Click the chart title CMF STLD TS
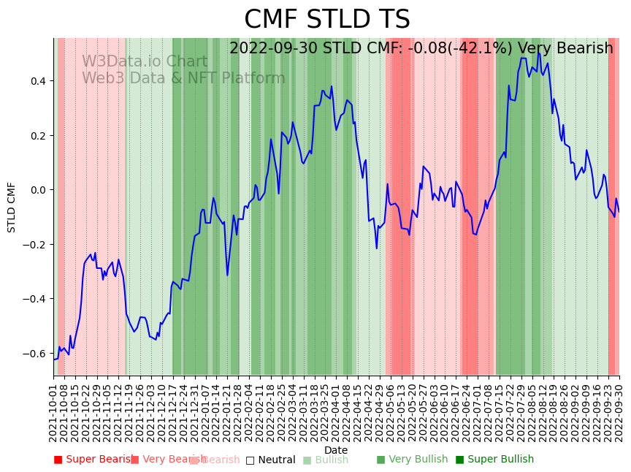[x=326, y=20]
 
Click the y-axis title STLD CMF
[x=12, y=207]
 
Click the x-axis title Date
[x=336, y=450]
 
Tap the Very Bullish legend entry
[x=414, y=460]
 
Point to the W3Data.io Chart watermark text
[x=145, y=61]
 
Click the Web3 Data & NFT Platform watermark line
[x=183, y=78]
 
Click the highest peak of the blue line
[x=539, y=53]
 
